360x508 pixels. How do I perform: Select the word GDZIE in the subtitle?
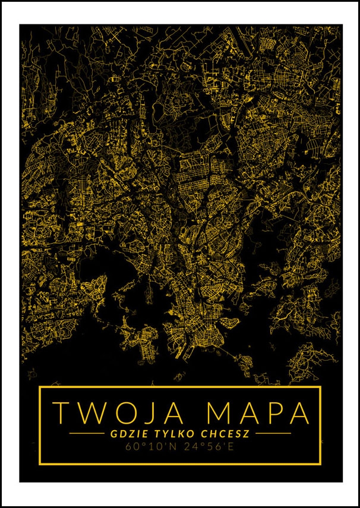(x=127, y=433)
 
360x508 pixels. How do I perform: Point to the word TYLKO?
(x=175, y=433)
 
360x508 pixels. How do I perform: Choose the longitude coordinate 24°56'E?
(x=207, y=446)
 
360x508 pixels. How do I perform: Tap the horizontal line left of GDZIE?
(x=87, y=434)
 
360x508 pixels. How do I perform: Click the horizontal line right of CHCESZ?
(x=273, y=434)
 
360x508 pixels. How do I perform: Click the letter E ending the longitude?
(x=231, y=446)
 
